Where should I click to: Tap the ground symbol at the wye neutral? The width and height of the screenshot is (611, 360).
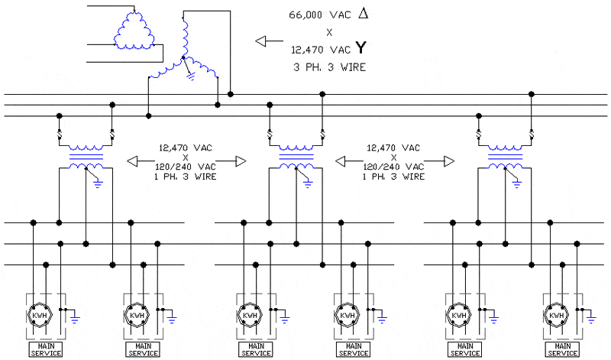pyautogui.click(x=191, y=75)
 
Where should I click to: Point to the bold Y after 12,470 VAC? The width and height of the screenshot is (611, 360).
pyautogui.click(x=360, y=49)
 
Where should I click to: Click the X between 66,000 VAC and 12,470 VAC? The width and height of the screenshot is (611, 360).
pyautogui.click(x=329, y=33)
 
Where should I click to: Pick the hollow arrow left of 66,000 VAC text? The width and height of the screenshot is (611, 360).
pyautogui.click(x=268, y=41)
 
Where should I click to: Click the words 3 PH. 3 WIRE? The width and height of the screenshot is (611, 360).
pyautogui.click(x=329, y=67)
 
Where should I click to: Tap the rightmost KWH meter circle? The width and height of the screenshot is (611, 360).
pyautogui.click(x=556, y=315)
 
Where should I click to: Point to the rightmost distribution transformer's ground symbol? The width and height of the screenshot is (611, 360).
pyautogui.click(x=517, y=183)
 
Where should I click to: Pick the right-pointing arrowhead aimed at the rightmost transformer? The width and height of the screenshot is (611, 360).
pyautogui.click(x=449, y=161)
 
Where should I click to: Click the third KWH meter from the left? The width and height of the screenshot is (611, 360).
pyautogui.click(x=248, y=315)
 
